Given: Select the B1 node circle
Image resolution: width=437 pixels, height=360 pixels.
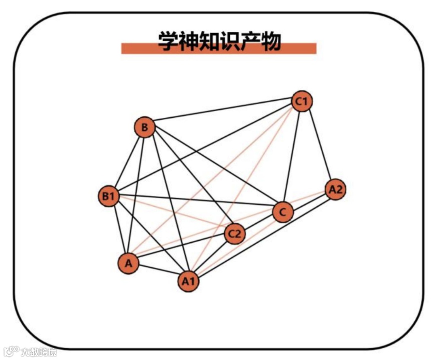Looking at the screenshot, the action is [109, 197].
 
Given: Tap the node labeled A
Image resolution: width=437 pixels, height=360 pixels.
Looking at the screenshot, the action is [128, 264].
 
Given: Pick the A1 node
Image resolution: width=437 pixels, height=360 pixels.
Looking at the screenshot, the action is [188, 282].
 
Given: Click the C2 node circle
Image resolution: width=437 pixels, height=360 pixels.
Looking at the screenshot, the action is [235, 234].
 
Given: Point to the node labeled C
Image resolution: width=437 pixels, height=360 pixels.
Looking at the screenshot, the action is [283, 212].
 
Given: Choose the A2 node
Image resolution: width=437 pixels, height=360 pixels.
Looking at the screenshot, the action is [335, 189].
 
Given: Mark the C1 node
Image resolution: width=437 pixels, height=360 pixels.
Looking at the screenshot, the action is [302, 102].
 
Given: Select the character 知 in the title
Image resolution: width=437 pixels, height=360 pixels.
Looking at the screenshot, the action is [209, 41].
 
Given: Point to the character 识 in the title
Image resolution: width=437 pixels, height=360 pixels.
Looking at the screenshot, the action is [229, 41].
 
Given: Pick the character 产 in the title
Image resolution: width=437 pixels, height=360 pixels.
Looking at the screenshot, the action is [250, 41].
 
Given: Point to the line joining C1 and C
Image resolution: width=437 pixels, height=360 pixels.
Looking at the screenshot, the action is [292, 158].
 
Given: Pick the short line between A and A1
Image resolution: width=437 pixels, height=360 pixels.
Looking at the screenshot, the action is [158, 273].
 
